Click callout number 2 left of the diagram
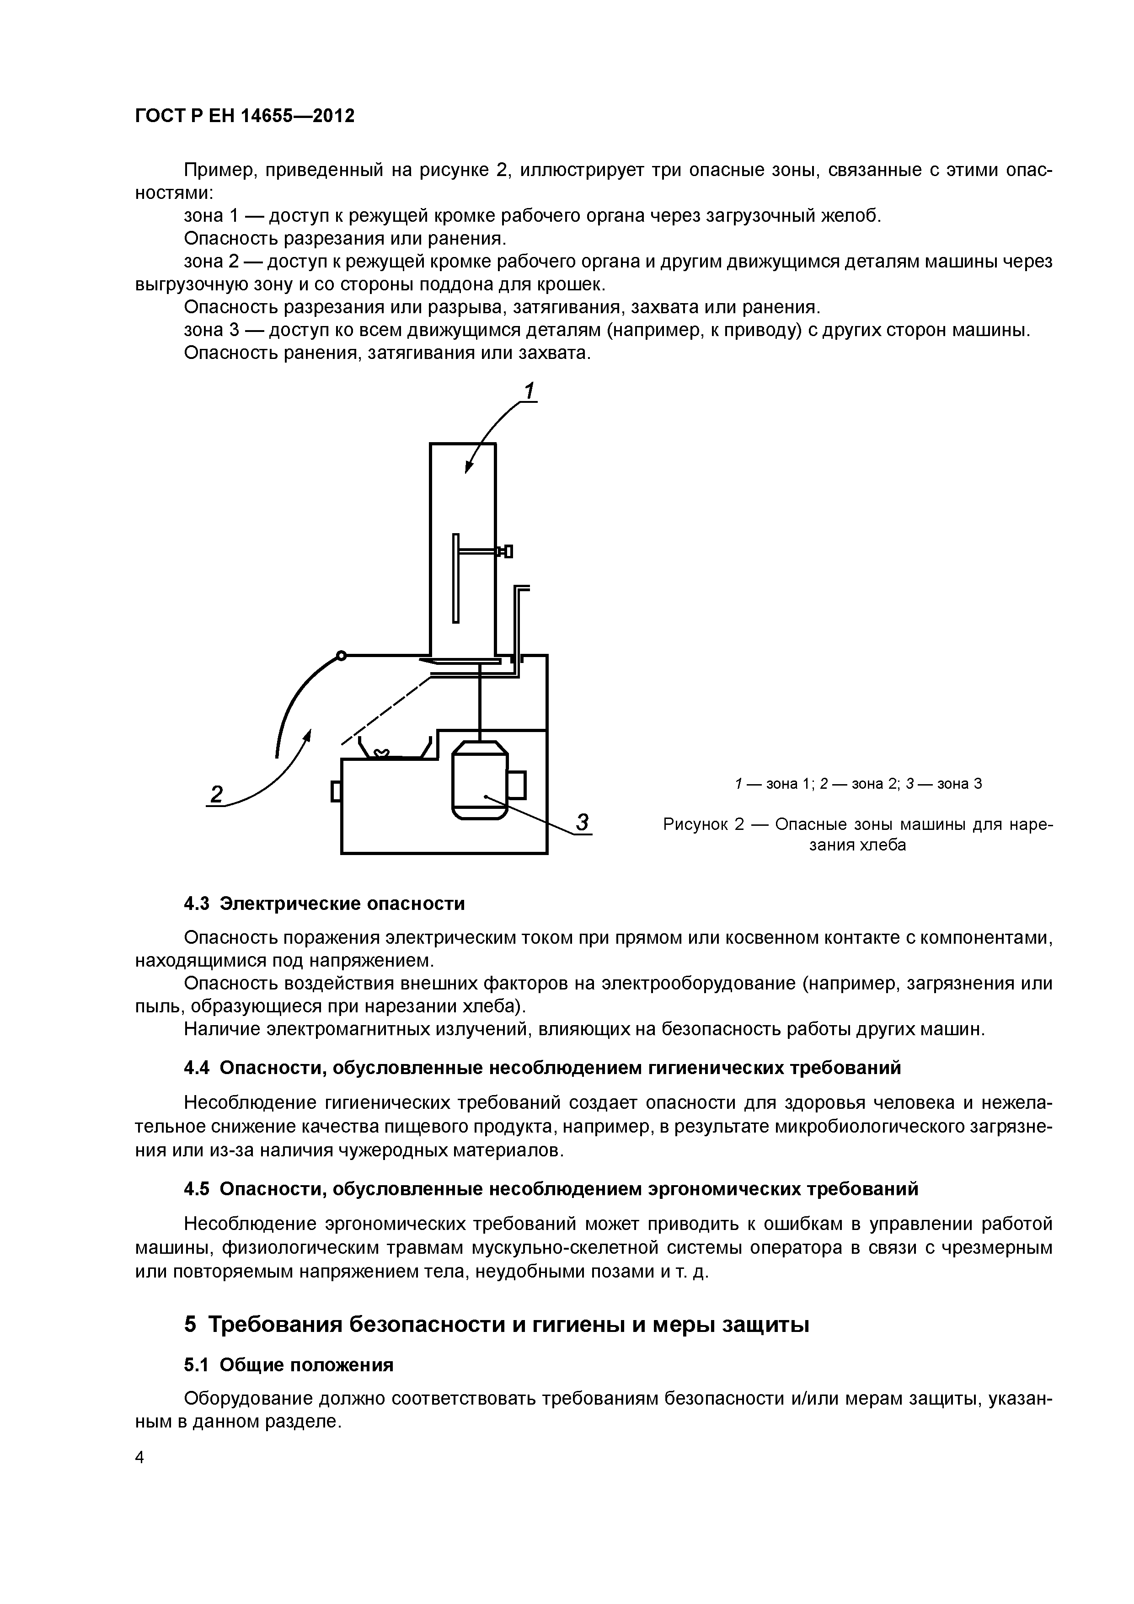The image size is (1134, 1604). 217,794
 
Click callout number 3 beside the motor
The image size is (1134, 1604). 583,822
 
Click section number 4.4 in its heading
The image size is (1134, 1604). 197,1068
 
